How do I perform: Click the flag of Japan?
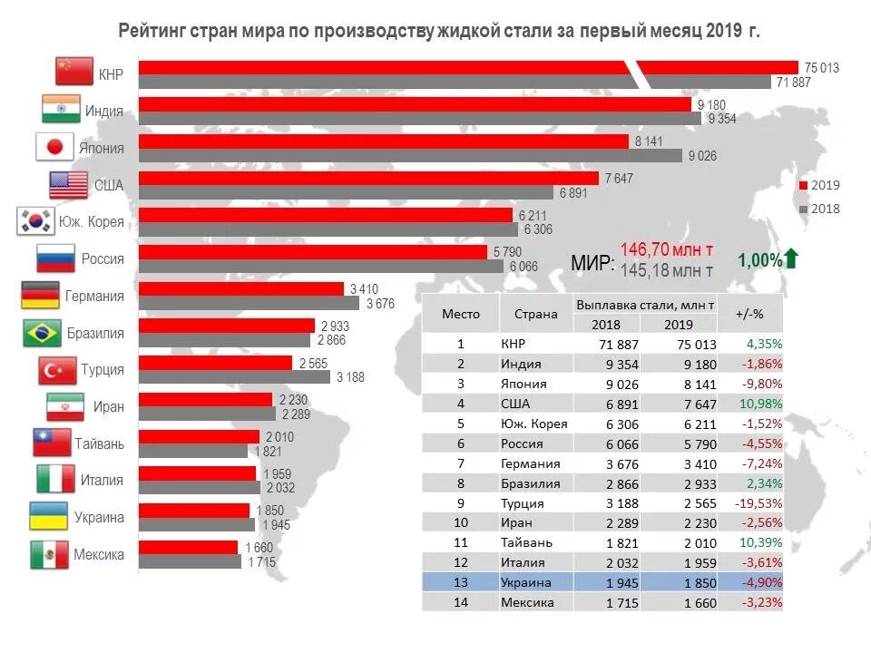pyautogui.click(x=54, y=147)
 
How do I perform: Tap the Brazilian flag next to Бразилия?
pyautogui.click(x=42, y=333)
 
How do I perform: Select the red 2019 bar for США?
pyautogui.click(x=368, y=178)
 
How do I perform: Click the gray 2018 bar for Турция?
pyautogui.click(x=235, y=376)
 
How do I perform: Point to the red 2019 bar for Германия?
pyautogui.click(x=240, y=288)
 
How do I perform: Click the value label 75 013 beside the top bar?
pyautogui.click(x=821, y=68)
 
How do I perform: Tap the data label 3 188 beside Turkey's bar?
pyautogui.click(x=350, y=376)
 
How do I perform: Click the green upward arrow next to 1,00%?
pyautogui.click(x=791, y=259)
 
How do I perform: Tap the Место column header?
pyautogui.click(x=460, y=315)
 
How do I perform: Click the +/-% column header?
pyautogui.click(x=749, y=315)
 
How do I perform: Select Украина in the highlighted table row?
pyautogui.click(x=525, y=582)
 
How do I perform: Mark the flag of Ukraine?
pyautogui.click(x=48, y=517)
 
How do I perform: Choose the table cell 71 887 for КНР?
pyautogui.click(x=617, y=345)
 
